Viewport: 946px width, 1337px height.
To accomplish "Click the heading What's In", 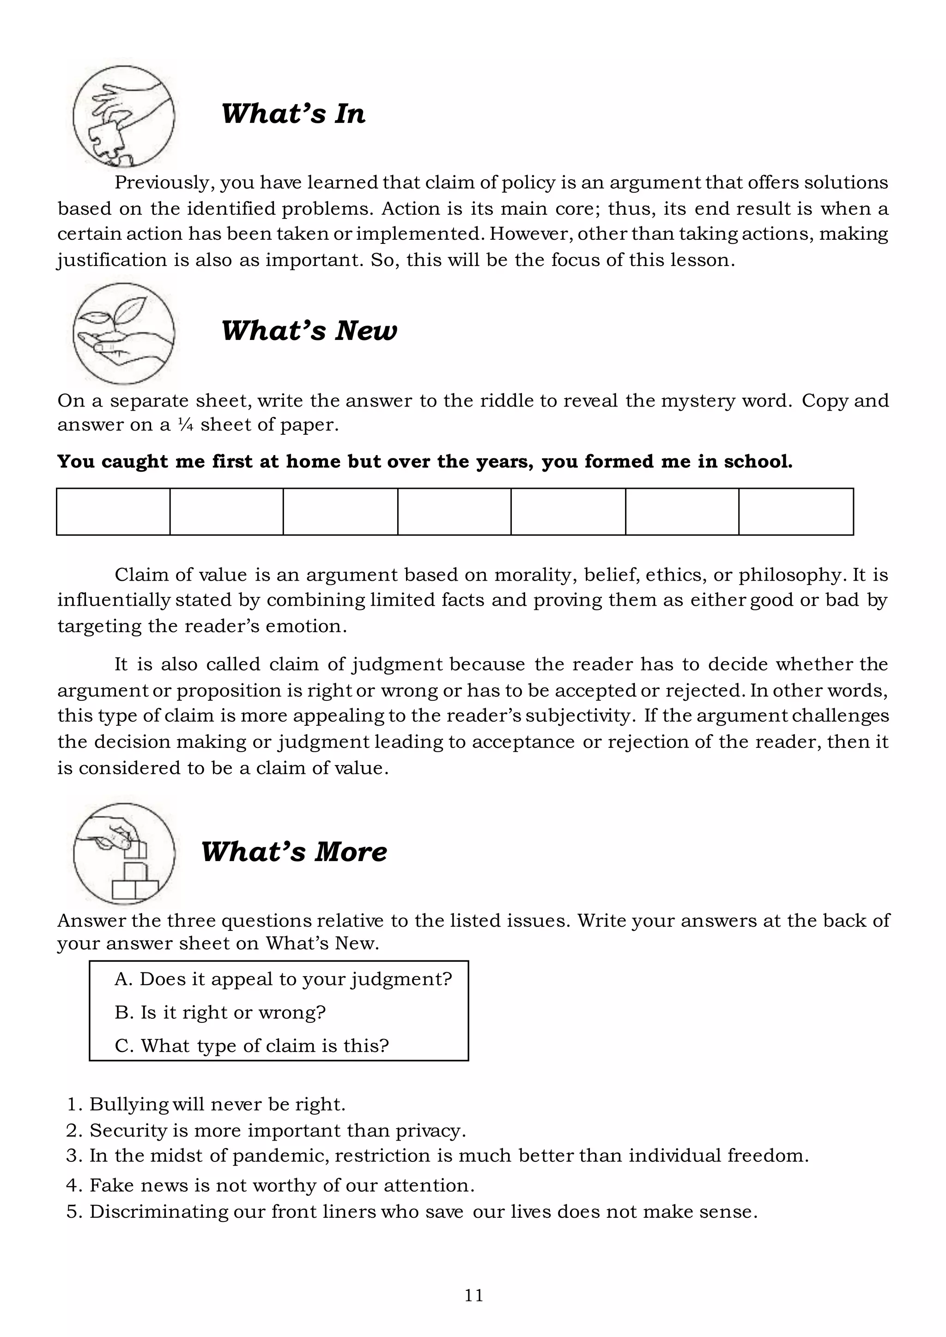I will click(293, 114).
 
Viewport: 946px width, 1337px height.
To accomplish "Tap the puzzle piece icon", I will click(123, 117).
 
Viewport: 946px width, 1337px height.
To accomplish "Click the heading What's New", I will click(309, 331).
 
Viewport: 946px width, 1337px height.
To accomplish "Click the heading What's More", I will click(294, 852).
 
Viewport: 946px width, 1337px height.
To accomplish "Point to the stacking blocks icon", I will click(123, 853).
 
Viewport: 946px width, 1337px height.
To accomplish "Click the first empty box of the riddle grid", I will click(114, 511).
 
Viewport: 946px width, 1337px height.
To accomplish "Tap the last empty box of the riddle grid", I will click(796, 511).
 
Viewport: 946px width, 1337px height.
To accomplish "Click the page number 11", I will click(473, 1295).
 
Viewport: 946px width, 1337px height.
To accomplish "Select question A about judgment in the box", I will click(283, 978).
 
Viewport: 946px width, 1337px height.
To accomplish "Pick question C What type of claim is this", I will click(252, 1045).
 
